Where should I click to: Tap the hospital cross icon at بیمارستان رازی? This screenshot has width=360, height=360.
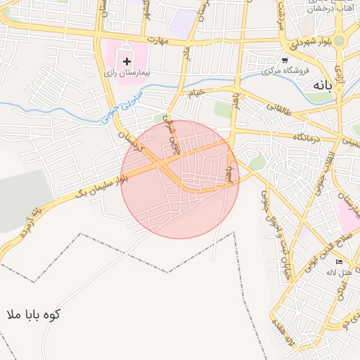(x=127, y=62)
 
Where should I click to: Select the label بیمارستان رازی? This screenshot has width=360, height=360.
(x=129, y=72)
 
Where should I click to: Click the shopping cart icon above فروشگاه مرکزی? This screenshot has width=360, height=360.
(x=284, y=60)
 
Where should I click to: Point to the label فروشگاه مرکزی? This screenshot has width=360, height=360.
(x=283, y=71)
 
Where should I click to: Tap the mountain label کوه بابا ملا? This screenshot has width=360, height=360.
(x=33, y=314)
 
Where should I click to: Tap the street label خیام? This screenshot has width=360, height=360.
(x=195, y=91)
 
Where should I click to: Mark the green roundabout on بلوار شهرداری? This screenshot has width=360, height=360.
(x=340, y=41)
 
